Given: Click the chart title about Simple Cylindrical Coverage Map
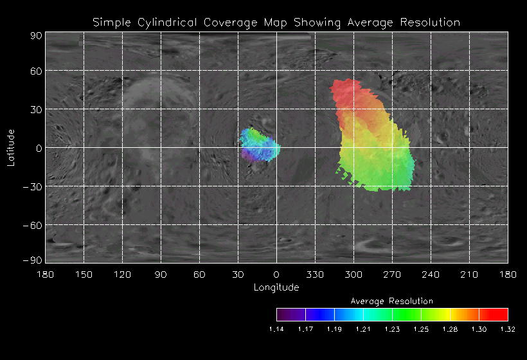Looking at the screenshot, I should click(276, 22).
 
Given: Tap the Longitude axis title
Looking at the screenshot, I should click(276, 287).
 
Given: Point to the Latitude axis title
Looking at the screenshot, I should click(11, 147).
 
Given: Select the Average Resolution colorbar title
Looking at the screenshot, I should click(392, 301).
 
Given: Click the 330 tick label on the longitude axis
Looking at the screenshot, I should click(315, 275).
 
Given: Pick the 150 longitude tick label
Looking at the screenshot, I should click(84, 275).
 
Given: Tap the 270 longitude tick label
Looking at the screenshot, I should click(392, 275).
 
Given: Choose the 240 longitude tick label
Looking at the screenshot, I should click(431, 275).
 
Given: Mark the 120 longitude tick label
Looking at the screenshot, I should click(122, 275).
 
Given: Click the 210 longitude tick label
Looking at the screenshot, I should click(469, 275).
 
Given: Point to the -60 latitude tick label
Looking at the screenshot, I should click(32, 225).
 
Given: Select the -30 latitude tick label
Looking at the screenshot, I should click(32, 186).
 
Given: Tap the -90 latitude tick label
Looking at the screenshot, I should click(32, 260).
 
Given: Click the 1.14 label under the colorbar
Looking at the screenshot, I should click(276, 329).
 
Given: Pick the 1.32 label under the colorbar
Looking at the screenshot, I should click(508, 329).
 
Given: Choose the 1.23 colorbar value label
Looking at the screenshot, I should click(392, 329).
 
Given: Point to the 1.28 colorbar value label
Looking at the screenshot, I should click(450, 329).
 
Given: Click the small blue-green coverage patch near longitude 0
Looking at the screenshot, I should click(260, 145).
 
